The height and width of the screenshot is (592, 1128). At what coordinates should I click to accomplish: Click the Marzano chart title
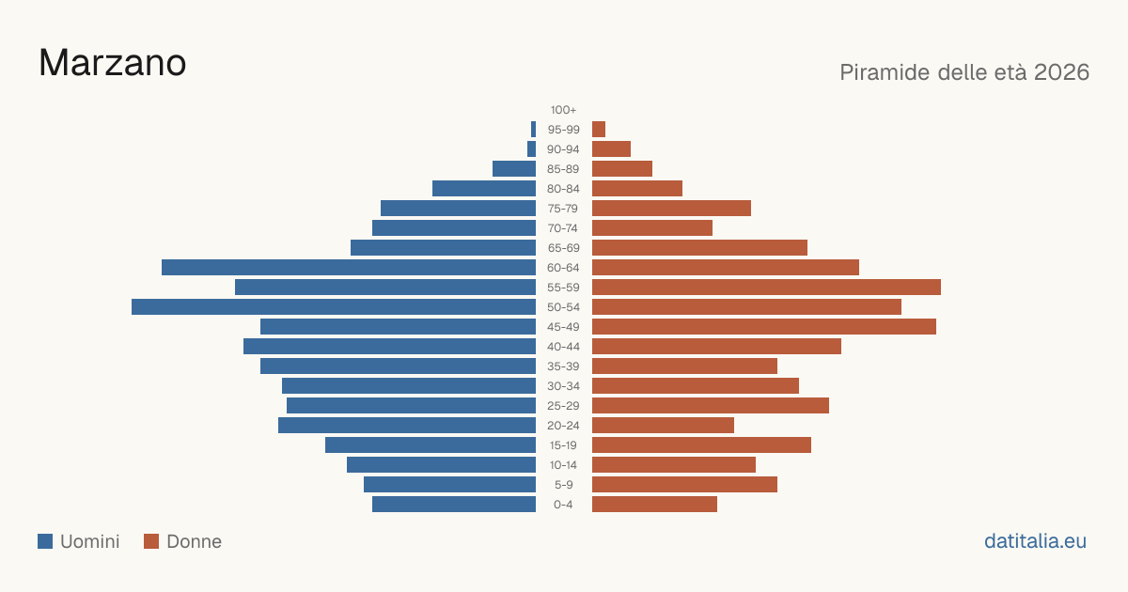tap(112, 63)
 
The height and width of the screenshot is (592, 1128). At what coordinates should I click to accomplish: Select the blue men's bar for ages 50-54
tap(334, 307)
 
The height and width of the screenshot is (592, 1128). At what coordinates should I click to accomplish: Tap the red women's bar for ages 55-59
tap(766, 288)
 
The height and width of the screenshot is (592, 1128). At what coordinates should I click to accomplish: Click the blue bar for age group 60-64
tap(349, 267)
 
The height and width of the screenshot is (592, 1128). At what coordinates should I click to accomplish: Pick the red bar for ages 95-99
tap(599, 130)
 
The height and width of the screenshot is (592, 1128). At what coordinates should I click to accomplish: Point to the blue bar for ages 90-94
tap(531, 149)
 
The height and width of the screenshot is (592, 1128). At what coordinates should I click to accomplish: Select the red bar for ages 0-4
tap(654, 505)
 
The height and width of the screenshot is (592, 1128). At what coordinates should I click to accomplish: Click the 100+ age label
tap(563, 110)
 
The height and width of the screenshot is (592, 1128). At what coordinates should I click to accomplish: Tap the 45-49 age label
tap(563, 327)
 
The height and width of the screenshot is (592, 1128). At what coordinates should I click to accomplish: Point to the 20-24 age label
tap(563, 426)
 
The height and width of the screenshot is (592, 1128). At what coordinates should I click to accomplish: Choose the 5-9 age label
tap(563, 485)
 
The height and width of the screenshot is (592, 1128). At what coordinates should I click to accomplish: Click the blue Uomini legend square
tap(45, 541)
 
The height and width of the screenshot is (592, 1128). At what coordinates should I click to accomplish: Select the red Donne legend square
tap(151, 541)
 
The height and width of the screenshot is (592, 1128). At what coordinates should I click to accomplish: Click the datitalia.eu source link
tap(1035, 541)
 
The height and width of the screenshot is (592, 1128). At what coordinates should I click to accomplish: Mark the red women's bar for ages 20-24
tap(664, 426)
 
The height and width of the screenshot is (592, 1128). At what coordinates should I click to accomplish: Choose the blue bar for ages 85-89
tap(514, 168)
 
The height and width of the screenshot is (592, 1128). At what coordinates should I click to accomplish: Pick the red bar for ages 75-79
tap(671, 209)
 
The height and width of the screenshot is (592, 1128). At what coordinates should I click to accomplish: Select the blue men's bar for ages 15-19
tap(431, 445)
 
